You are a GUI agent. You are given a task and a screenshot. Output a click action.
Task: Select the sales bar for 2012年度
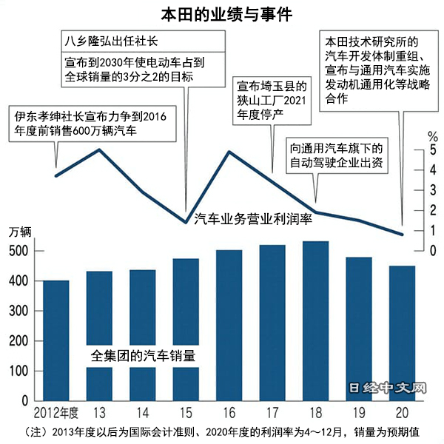coord(56,340)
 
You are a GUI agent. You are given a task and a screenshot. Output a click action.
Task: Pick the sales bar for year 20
coord(403,333)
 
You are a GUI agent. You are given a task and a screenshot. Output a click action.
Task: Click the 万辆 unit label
coord(21,232)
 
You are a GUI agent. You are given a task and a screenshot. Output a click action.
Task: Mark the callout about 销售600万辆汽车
coord(92,124)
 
